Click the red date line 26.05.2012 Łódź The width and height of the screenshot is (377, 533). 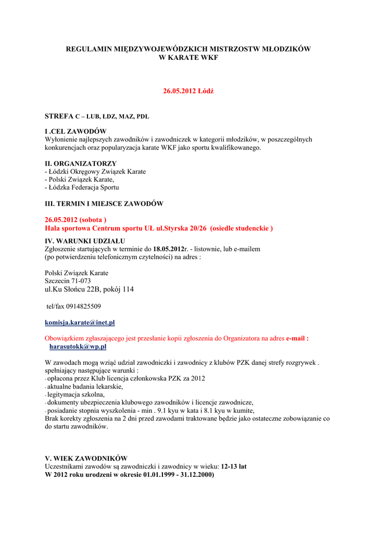188,91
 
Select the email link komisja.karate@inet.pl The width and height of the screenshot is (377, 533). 80,323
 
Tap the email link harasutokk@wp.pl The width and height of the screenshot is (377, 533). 78,346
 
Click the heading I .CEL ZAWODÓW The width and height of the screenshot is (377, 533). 76,131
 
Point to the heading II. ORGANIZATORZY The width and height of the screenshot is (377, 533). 81,163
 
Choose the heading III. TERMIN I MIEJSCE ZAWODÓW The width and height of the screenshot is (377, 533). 104,203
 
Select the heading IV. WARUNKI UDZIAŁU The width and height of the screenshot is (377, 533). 85,241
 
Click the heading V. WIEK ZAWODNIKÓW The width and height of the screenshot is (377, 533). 86,459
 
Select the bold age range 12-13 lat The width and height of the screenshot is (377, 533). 234,466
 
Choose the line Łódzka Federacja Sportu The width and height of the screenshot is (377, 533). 83,187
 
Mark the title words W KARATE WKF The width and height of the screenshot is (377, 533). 188,57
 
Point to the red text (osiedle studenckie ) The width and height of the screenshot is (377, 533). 242,228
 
